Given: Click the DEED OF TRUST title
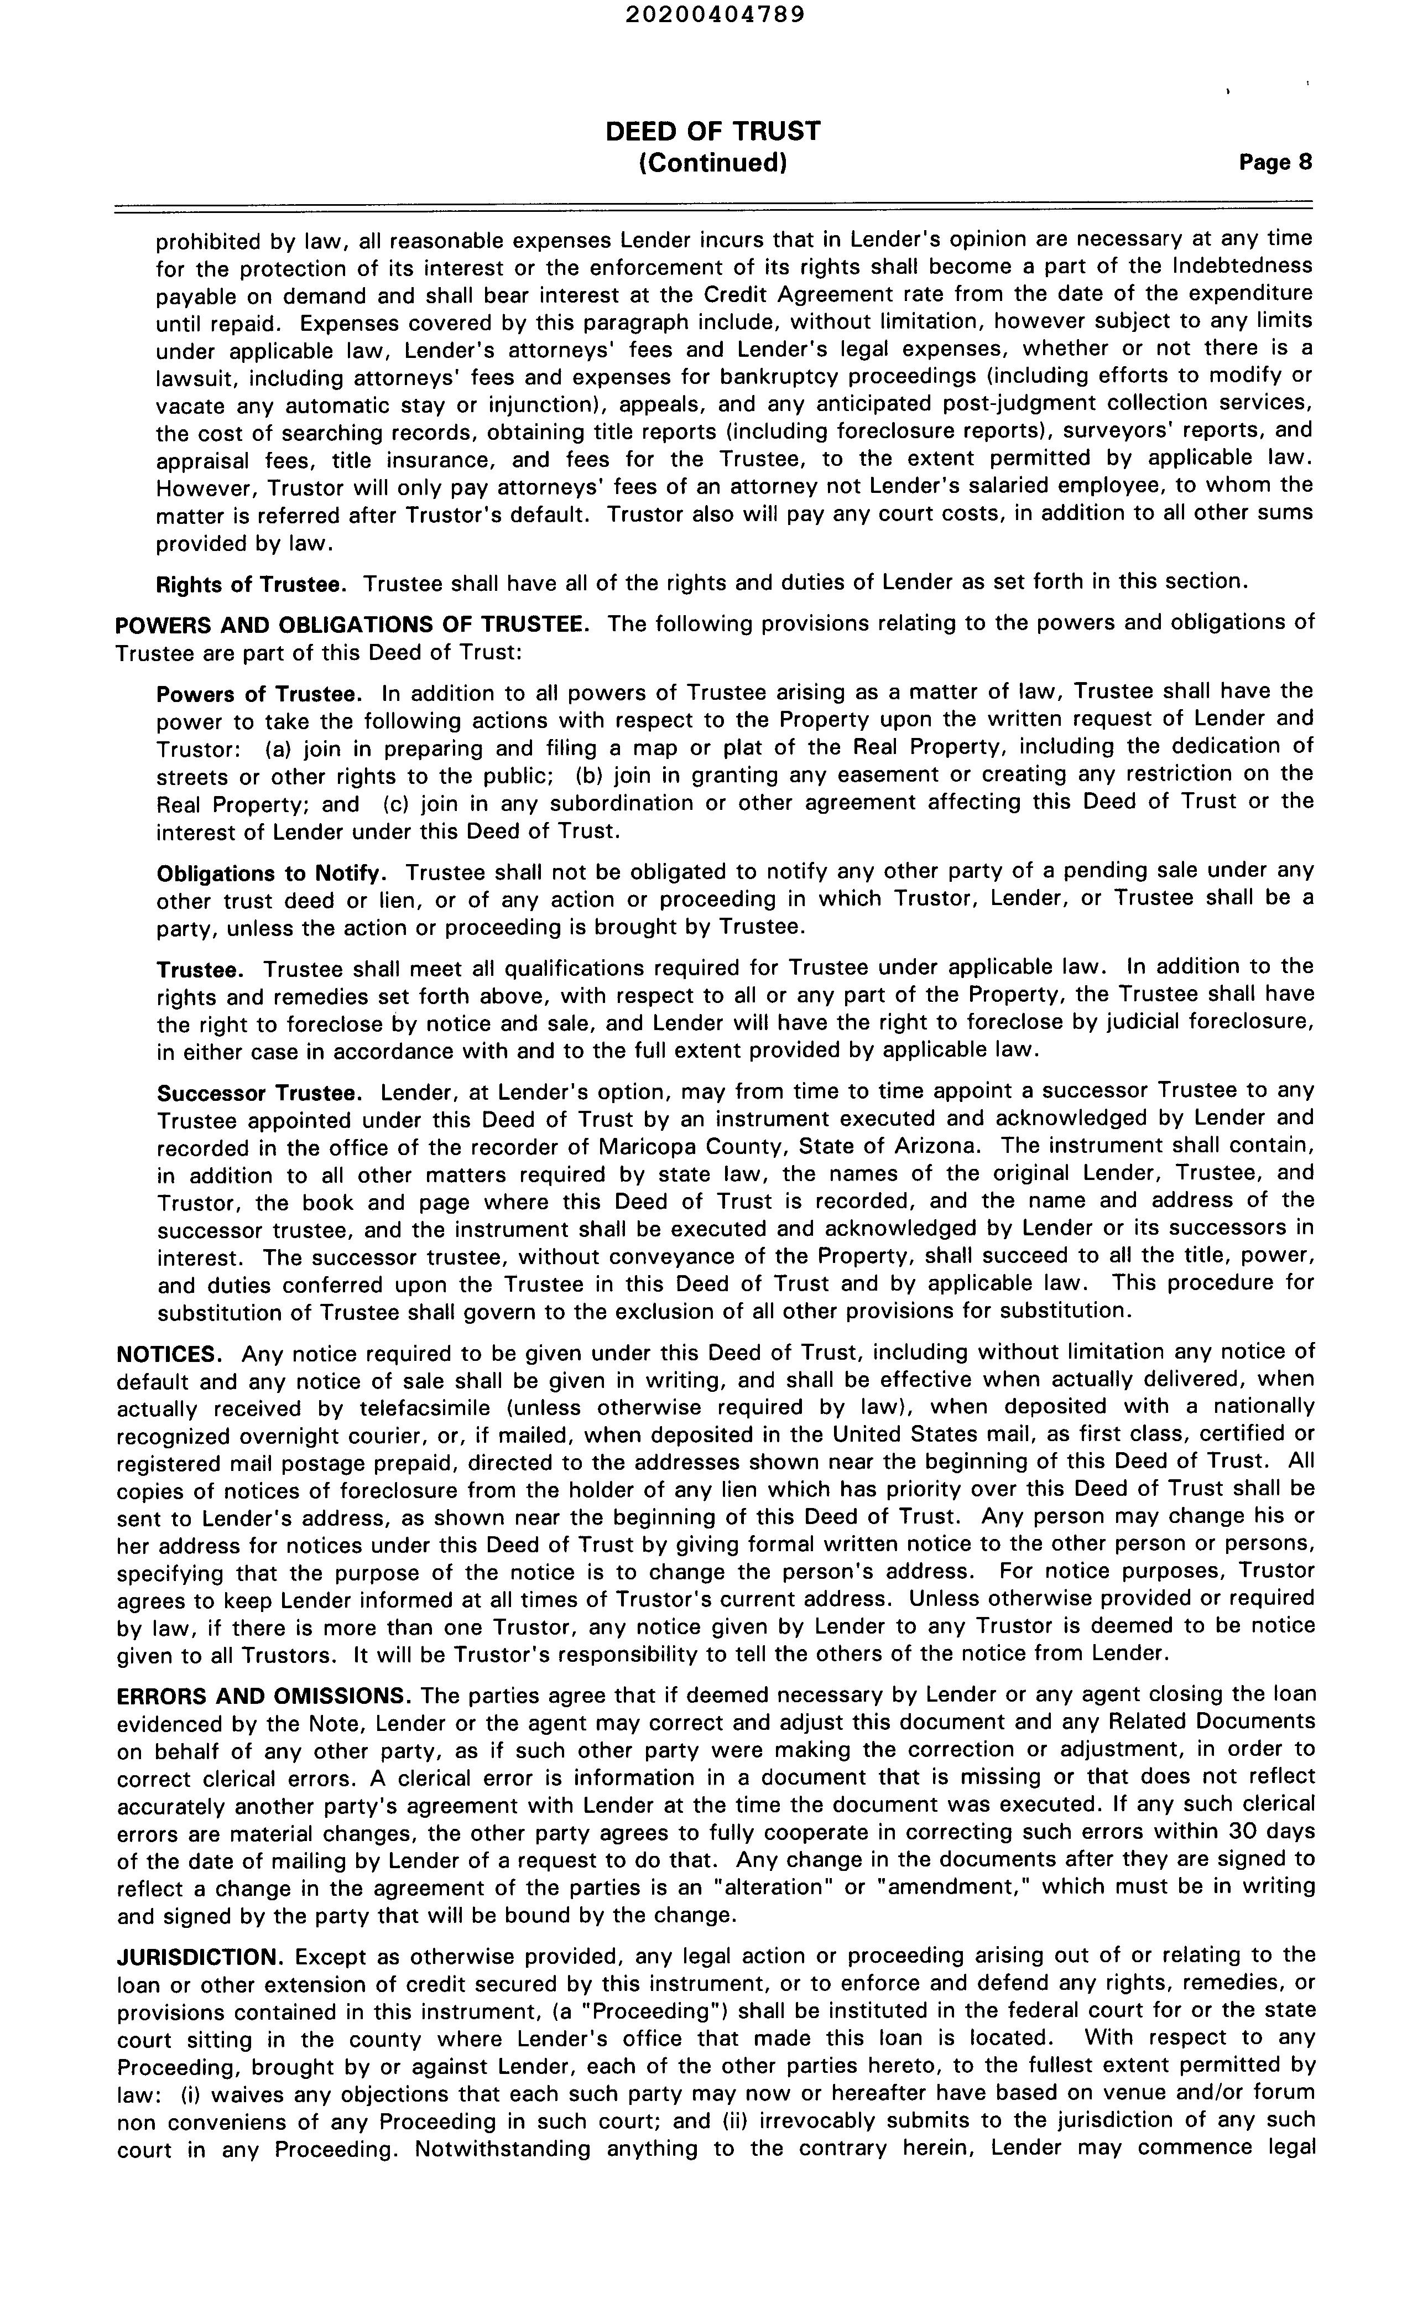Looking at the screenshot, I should tap(712, 131).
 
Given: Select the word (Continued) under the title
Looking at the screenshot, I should tap(712, 164).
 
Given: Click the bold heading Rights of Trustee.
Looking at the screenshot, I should tap(251, 585).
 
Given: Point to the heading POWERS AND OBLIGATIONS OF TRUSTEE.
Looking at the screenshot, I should tap(352, 625).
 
